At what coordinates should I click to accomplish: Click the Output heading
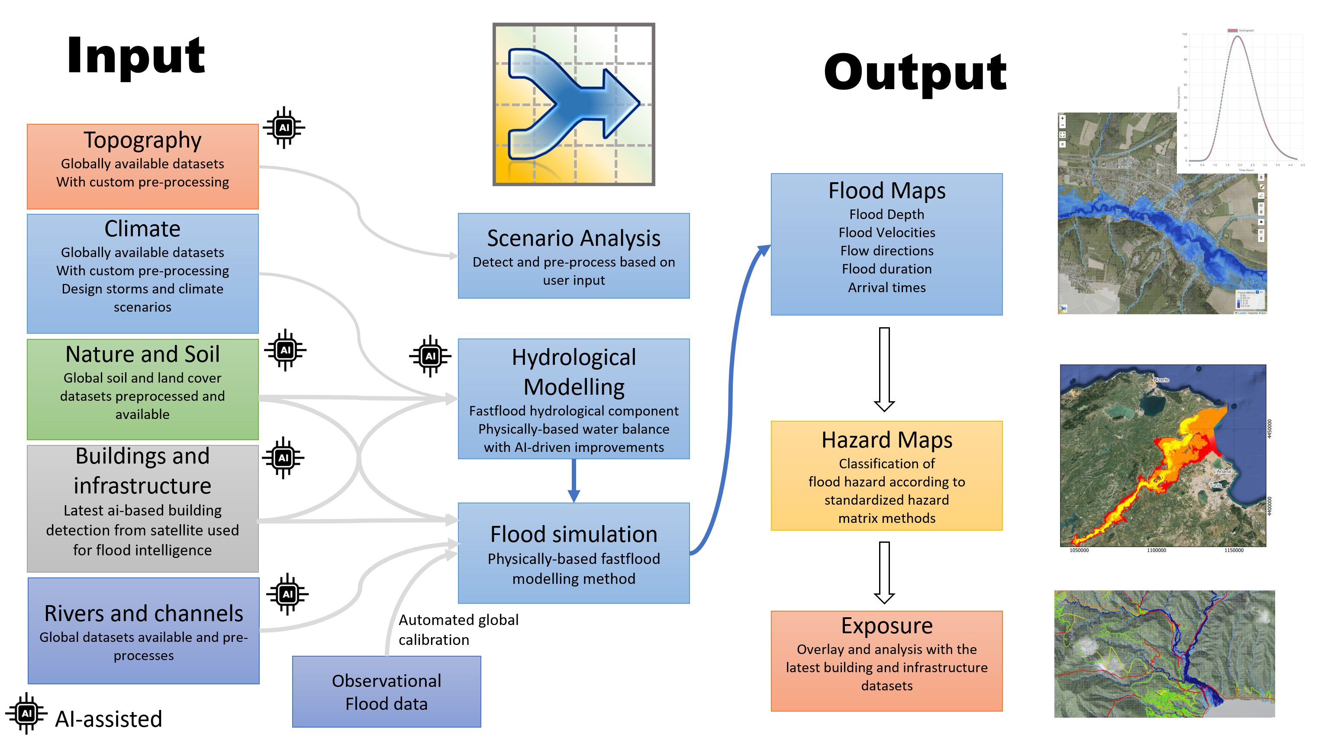coord(915,73)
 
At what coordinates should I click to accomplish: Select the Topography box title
coord(142,140)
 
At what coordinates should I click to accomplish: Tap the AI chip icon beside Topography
coord(284,127)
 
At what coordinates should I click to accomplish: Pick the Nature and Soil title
coord(142,354)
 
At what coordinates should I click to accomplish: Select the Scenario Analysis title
coord(574,238)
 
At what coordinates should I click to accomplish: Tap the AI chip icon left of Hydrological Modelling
coord(430,356)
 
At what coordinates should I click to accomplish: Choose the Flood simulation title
coord(574,534)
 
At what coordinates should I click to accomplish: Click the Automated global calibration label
coord(458,629)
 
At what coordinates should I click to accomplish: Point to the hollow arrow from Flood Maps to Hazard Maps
coord(884,368)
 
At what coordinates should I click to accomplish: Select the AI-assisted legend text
coord(109,719)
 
